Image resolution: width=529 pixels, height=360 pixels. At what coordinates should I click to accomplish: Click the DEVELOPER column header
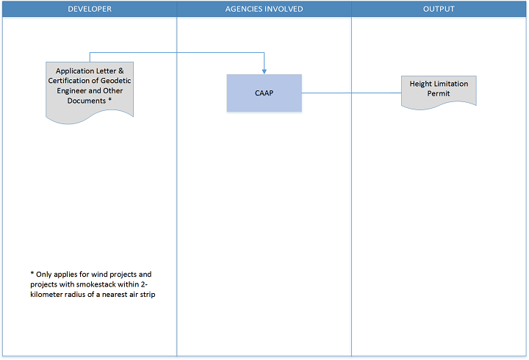(90, 9)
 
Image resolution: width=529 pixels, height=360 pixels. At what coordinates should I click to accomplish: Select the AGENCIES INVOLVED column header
(264, 9)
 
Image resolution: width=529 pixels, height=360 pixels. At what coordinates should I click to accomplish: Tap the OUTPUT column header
(439, 9)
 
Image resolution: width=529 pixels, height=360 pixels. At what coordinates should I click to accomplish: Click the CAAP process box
(264, 93)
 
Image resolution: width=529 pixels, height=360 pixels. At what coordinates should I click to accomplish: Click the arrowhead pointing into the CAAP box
(264, 71)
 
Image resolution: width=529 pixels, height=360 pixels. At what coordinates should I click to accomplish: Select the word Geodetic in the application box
(116, 81)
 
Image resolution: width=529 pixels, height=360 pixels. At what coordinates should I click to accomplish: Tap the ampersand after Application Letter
(120, 71)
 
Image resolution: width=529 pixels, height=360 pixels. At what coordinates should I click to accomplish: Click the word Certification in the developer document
(69, 81)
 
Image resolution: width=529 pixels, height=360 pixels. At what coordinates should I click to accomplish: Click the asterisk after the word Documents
(109, 99)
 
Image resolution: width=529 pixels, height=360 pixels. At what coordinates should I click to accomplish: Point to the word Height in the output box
(420, 84)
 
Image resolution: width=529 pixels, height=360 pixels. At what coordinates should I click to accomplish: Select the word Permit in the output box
(439, 93)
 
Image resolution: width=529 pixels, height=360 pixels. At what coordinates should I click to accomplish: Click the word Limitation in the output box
(450, 84)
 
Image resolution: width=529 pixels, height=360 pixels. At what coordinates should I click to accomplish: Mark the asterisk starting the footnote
(32, 273)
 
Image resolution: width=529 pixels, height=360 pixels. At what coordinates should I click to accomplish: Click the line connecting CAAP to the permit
(351, 93)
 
